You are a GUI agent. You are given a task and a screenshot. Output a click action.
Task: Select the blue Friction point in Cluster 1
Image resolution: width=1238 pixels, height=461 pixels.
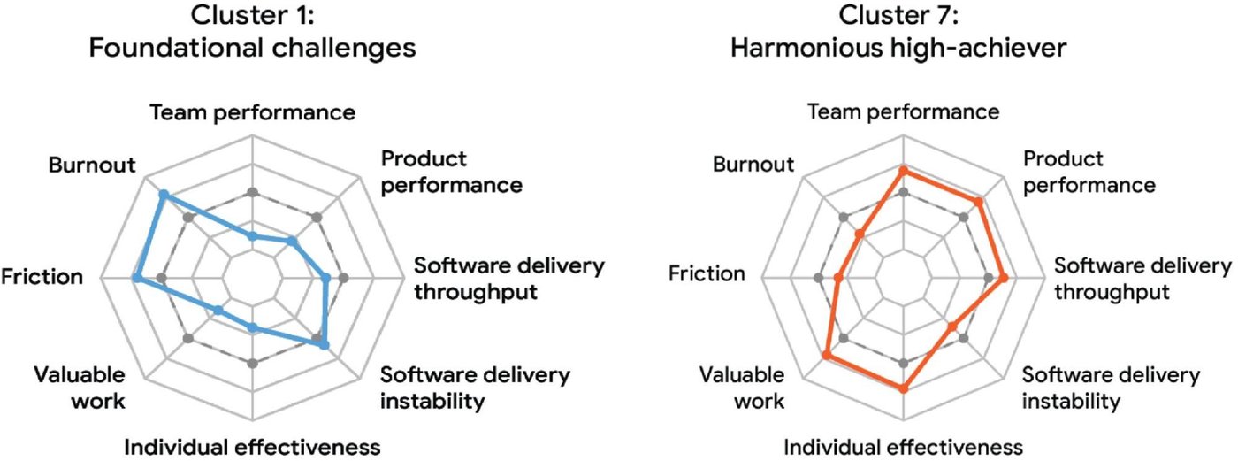[135, 279]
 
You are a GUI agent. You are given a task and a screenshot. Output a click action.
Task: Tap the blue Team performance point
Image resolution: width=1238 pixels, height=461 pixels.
[252, 236]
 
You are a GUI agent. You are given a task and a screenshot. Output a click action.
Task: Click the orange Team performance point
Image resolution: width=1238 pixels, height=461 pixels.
[903, 169]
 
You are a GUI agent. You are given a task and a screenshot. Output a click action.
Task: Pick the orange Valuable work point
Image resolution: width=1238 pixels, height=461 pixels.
[826, 356]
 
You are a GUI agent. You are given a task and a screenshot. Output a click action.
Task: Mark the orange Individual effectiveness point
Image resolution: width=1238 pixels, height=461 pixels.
[903, 388]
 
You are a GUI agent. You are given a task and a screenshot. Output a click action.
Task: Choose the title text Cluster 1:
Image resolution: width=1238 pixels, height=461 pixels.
[252, 15]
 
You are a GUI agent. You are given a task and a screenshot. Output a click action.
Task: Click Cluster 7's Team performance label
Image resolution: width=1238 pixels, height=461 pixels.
[903, 112]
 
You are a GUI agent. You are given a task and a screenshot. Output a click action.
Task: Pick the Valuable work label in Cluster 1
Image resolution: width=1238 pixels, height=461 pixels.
[80, 388]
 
